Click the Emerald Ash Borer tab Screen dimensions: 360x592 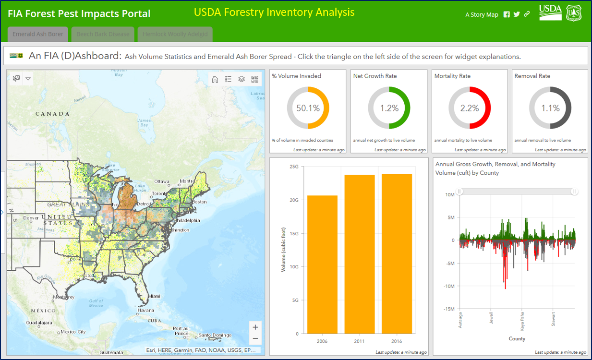[38, 34]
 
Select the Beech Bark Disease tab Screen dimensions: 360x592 [103, 34]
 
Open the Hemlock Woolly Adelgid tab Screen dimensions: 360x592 [175, 34]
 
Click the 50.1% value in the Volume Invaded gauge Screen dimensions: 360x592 [308, 108]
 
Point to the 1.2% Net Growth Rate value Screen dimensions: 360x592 [389, 108]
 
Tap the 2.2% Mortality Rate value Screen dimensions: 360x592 [470, 108]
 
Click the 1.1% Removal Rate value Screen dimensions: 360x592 [550, 108]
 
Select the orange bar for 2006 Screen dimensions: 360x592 [322, 264]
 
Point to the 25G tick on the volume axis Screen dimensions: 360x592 [294, 167]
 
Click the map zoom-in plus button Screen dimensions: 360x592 [255, 327]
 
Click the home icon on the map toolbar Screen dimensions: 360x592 [215, 79]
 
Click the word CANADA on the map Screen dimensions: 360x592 [52, 114]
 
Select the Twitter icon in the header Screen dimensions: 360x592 [517, 14]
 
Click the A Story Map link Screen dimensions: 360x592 [482, 14]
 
